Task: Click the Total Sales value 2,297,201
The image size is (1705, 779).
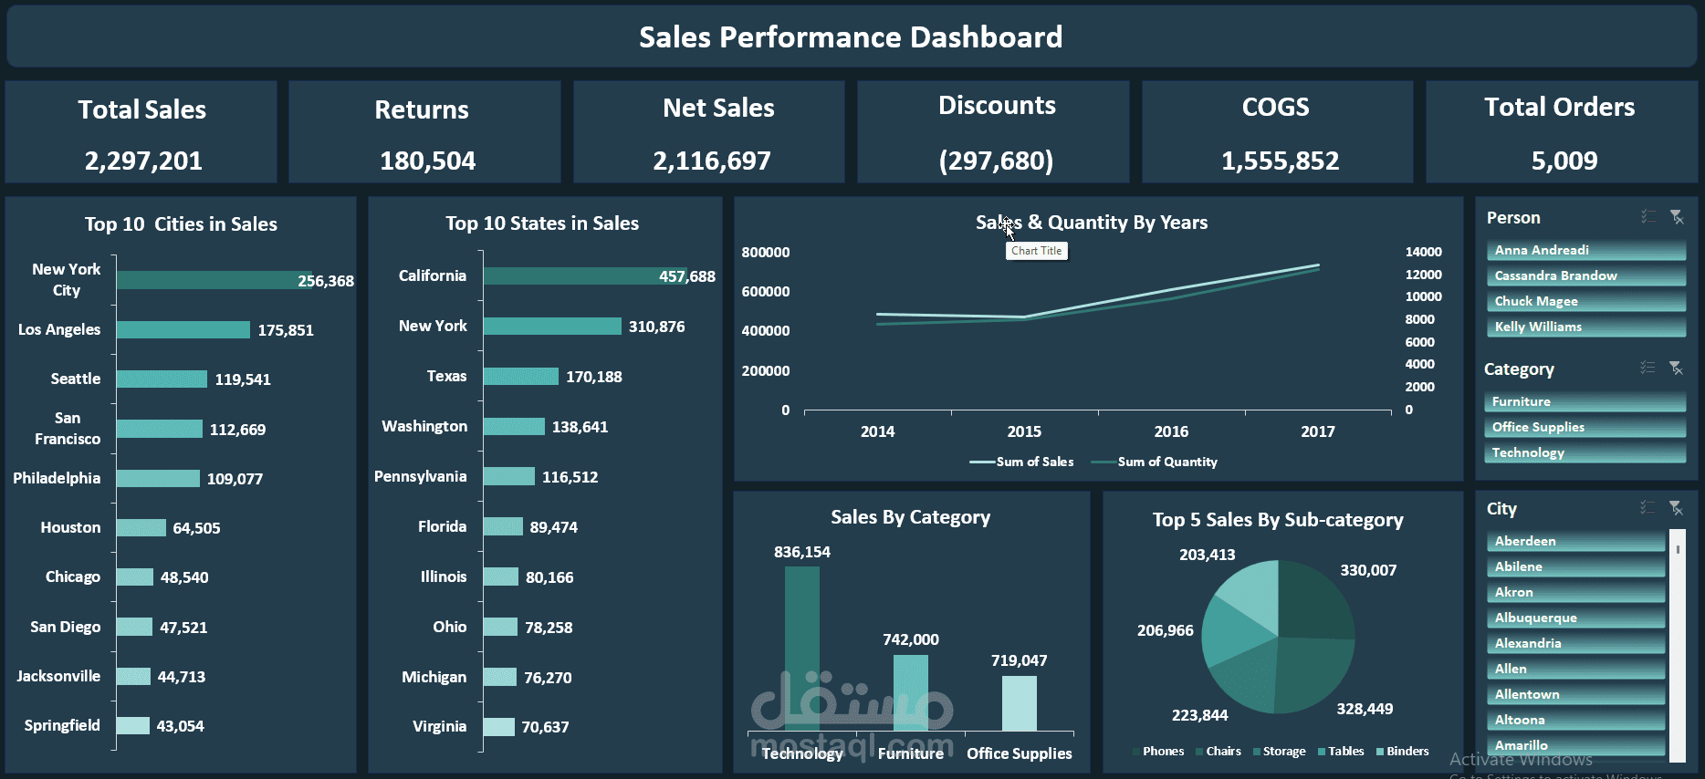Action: (143, 161)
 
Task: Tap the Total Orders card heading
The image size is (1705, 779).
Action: (1559, 108)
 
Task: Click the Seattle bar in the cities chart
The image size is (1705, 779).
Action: (162, 379)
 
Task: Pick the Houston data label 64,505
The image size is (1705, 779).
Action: (196, 528)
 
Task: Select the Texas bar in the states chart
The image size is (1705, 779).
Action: (520, 377)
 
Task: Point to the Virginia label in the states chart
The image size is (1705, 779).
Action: (439, 727)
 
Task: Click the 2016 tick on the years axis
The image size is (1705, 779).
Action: (1171, 431)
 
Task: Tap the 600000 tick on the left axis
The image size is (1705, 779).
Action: (766, 292)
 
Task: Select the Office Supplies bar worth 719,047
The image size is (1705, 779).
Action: (1019, 702)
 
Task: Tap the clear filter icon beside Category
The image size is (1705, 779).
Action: (1676, 368)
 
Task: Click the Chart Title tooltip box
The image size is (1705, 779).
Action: (1036, 251)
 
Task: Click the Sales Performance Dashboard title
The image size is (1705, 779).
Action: (851, 37)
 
